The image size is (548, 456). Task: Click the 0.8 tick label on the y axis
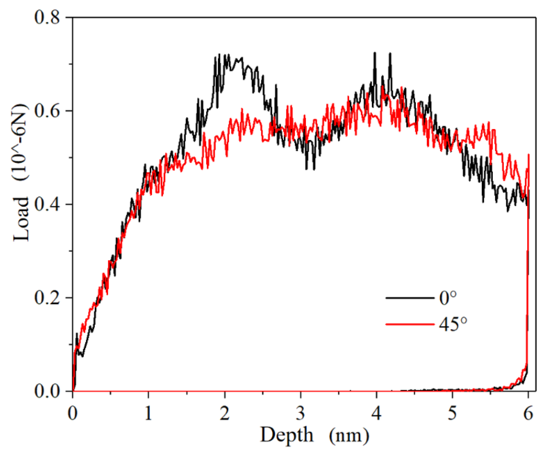(47, 17)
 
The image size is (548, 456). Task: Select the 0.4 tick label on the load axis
(47, 204)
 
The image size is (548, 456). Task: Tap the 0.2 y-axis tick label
(47, 298)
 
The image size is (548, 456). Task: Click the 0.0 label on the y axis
(47, 391)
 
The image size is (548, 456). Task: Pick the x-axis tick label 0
(73, 413)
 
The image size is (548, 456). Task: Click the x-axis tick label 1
(148, 413)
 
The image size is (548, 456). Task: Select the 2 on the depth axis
(224, 413)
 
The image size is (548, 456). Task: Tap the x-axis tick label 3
(300, 413)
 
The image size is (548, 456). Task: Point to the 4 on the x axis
(376, 413)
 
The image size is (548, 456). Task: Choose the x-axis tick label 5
(452, 413)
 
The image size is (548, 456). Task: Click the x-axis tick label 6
(528, 413)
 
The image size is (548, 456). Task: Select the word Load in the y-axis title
(21, 219)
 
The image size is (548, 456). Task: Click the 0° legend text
(448, 298)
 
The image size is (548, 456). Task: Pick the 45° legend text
(453, 324)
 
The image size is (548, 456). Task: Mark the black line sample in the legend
(410, 298)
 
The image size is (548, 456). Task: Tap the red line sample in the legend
(410, 324)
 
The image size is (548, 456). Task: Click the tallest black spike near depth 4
(375, 53)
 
